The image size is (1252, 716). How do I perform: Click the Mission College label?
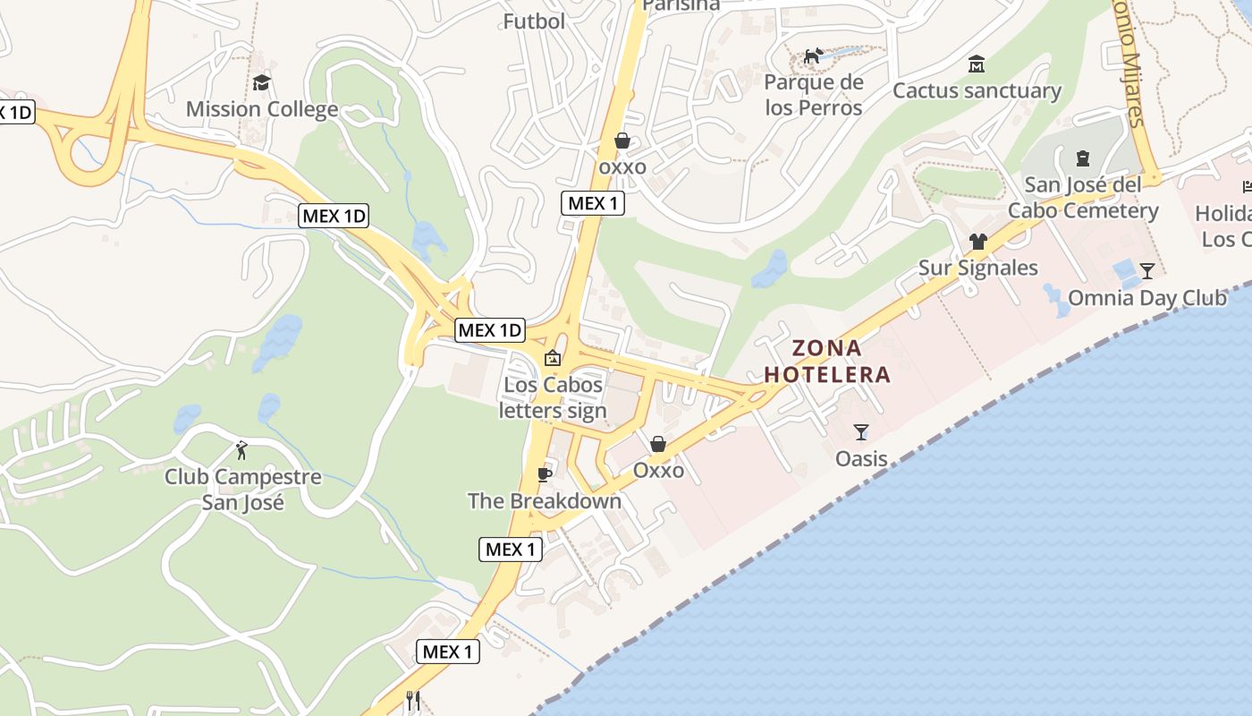tap(262, 110)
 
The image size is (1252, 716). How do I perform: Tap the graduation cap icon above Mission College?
tap(262, 83)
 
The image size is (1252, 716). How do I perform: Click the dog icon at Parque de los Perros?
tap(813, 56)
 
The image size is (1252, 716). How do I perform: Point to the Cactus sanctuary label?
tap(977, 90)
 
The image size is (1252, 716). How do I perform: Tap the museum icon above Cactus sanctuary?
tap(977, 64)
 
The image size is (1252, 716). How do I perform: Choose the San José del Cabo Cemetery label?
tap(1083, 198)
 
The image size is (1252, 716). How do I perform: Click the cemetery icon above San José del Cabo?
tap(1083, 159)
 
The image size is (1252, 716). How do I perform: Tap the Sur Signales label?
tap(978, 268)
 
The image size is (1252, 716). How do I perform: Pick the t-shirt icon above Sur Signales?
tap(977, 242)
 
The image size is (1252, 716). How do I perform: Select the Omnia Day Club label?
tap(1147, 298)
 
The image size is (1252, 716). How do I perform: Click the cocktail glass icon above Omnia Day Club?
tap(1147, 271)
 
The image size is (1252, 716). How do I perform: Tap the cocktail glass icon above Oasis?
tap(861, 433)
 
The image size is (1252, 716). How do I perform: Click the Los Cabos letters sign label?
tap(553, 398)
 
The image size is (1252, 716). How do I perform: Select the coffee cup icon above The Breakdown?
tap(544, 474)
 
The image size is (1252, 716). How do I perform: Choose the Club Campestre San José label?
tap(242, 489)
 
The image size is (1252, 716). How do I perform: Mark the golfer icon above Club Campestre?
tap(241, 449)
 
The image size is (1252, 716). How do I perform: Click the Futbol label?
tap(534, 21)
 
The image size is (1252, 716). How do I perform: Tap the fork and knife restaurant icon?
tap(412, 700)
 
